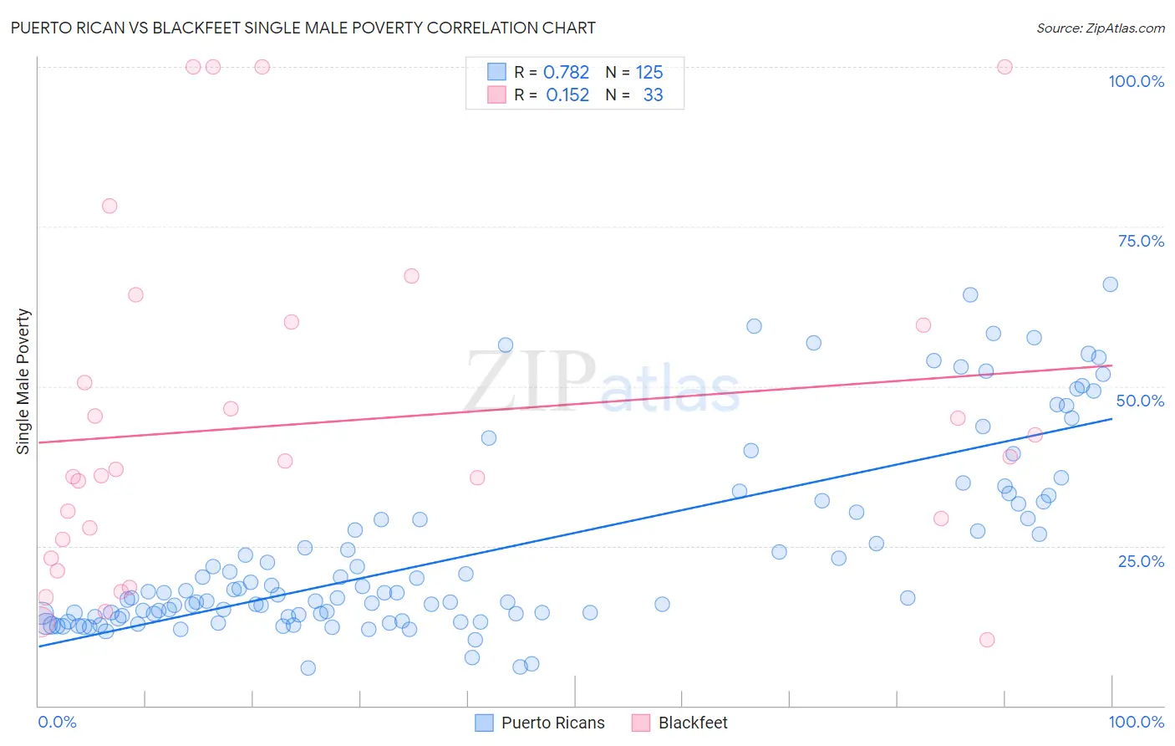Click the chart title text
(303, 28)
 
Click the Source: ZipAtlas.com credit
(1100, 28)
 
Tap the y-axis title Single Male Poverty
(23, 381)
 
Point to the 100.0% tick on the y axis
(1136, 81)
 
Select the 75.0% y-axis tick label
(1141, 241)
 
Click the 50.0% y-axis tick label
(1140, 401)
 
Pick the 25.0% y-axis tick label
(1141, 560)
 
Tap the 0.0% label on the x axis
(57, 722)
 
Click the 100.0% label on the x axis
(1136, 722)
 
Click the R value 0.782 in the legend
(566, 73)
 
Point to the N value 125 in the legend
(649, 73)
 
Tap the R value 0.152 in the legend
(567, 95)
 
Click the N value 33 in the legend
(653, 95)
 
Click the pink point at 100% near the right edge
(1005, 67)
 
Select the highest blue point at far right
(1110, 284)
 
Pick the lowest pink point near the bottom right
(987, 640)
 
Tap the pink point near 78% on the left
(109, 206)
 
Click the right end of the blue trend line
(1111, 418)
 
